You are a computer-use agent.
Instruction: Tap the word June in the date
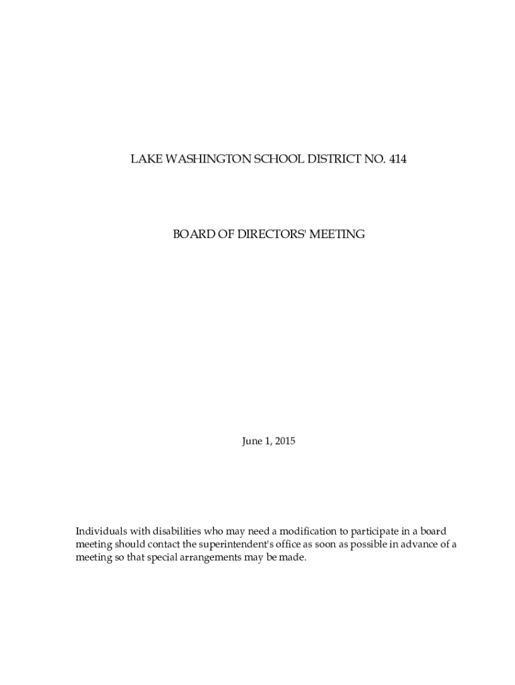coord(252,442)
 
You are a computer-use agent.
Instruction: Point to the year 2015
coord(284,442)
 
